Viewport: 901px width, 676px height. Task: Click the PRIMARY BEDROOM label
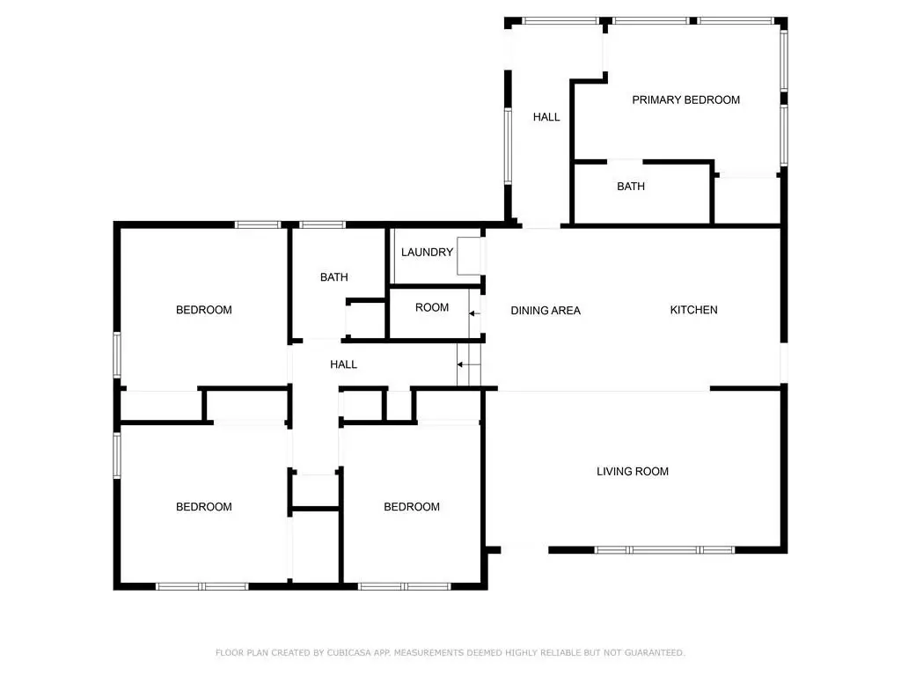[x=685, y=100]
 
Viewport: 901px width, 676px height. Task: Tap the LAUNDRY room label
[x=427, y=253]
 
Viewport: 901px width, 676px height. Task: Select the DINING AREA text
[x=546, y=311]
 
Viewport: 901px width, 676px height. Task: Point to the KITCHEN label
[x=693, y=310]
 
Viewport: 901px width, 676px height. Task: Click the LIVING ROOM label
[x=632, y=472]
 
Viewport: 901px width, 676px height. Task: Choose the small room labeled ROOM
[x=431, y=307]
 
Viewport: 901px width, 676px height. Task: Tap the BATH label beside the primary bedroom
[x=630, y=187]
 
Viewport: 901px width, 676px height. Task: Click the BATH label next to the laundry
[x=333, y=277]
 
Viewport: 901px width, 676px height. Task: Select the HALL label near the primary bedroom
[x=546, y=117]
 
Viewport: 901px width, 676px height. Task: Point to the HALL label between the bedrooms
[x=343, y=364]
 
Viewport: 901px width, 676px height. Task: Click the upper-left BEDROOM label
[x=203, y=310]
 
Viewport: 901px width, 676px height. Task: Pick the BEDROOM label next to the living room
[x=412, y=506]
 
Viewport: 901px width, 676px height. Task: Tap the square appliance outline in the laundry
[x=469, y=256]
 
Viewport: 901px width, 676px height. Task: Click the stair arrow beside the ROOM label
[x=474, y=313]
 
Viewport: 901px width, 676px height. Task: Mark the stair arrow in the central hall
[x=469, y=364]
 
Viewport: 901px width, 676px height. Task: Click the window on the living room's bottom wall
[x=664, y=550]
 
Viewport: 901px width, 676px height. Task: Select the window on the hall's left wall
[x=508, y=146]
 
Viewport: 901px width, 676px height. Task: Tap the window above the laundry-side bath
[x=322, y=224]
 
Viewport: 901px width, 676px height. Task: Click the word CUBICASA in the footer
[x=350, y=652]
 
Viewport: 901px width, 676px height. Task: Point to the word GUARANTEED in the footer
[x=655, y=652]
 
